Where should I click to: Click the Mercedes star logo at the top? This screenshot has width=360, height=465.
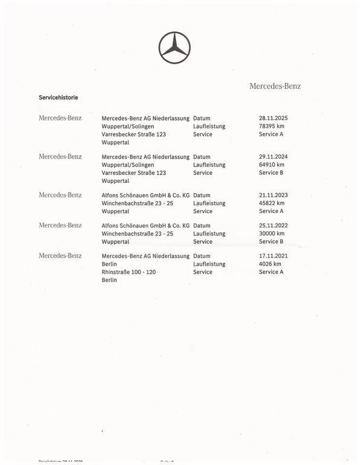[174, 46]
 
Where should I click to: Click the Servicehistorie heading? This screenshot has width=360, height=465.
[58, 97]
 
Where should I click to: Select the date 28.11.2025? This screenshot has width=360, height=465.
[273, 118]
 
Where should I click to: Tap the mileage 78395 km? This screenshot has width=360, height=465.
[271, 127]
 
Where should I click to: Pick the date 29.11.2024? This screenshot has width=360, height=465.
[273, 157]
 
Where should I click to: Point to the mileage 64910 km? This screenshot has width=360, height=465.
[271, 165]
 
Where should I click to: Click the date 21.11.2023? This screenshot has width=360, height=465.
[273, 196]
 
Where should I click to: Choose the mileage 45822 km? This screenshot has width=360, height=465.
[271, 203]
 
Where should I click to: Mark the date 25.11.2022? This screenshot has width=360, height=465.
[273, 225]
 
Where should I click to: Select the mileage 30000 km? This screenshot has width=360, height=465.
[271, 234]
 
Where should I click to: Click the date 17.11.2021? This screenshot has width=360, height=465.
[273, 256]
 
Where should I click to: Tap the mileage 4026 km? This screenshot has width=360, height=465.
[269, 264]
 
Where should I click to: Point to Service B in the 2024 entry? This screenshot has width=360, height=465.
[271, 173]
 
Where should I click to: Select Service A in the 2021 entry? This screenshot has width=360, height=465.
[271, 272]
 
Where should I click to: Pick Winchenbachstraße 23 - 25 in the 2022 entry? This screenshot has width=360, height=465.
[137, 234]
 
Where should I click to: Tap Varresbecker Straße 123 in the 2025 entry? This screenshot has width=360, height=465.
[134, 134]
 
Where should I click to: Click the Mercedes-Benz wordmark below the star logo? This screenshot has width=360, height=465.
[275, 86]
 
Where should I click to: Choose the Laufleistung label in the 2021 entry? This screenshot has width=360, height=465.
[209, 264]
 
